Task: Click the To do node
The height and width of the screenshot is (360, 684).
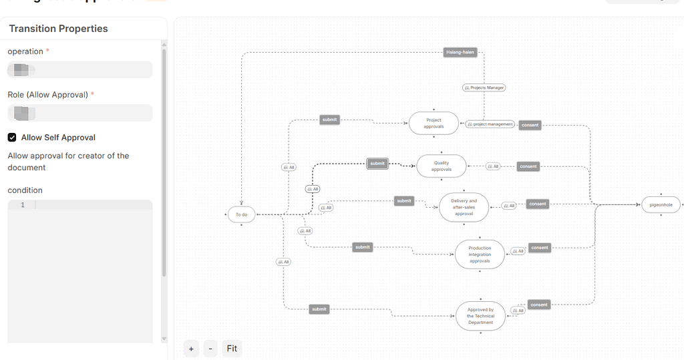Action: (241, 214)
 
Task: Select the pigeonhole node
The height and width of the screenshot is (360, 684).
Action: (661, 205)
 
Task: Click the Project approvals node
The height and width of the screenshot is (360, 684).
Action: (434, 124)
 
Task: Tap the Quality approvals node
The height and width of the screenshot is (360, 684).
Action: (441, 166)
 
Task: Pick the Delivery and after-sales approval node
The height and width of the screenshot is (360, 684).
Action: (464, 207)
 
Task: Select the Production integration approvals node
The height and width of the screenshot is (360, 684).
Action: (480, 254)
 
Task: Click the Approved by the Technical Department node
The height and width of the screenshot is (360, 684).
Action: (480, 316)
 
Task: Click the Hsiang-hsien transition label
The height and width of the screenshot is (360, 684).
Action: (460, 52)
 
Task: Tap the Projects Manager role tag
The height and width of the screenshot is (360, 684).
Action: (484, 87)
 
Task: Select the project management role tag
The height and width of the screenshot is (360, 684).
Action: (490, 124)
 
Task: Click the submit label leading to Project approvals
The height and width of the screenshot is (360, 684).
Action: (329, 120)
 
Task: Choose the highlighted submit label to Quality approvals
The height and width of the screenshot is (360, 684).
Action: (377, 164)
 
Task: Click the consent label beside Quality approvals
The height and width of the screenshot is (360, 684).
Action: (528, 166)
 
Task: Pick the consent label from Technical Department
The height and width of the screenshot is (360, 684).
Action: (538, 305)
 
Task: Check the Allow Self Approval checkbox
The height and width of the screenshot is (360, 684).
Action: (12, 138)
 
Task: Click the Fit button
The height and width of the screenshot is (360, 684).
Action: (232, 349)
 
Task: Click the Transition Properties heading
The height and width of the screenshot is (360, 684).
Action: (58, 29)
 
